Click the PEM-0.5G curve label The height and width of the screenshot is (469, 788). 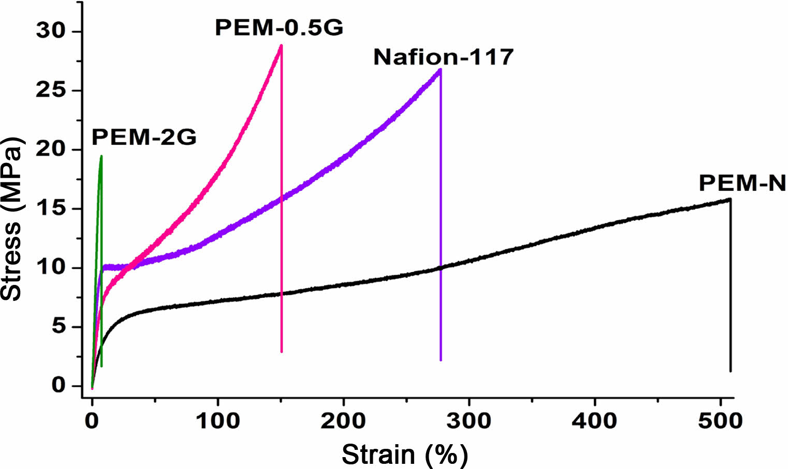279,28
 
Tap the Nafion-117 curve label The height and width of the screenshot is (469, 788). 443,57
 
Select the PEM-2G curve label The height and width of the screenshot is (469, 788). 144,138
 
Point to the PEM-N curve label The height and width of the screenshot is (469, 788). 742,183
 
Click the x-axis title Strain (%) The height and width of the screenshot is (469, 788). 404,455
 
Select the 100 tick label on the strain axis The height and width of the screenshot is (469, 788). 217,421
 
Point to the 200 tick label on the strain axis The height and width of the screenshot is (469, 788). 343,421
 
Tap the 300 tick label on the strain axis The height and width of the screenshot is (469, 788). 469,421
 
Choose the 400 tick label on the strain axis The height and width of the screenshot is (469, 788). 594,421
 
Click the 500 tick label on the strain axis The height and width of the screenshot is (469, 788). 720,421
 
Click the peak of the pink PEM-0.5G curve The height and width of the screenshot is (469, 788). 281,46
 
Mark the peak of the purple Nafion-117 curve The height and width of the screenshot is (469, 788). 440,69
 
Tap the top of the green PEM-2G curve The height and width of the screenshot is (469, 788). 101,156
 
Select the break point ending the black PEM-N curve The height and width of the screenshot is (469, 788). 730,199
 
